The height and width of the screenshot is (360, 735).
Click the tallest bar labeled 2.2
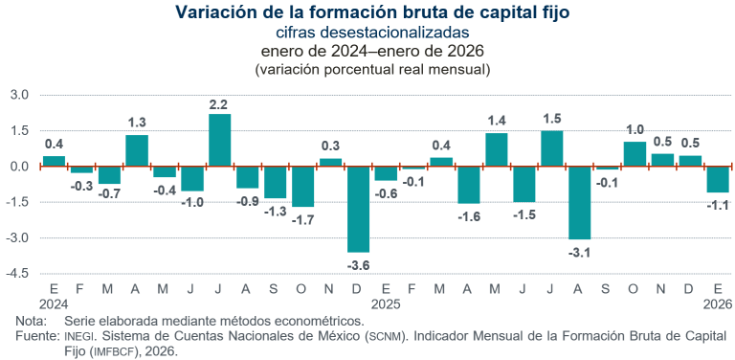point(220,140)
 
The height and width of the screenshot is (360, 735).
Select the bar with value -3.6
point(358,209)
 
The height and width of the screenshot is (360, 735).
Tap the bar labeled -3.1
point(579,202)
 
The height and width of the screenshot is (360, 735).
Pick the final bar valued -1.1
point(717,179)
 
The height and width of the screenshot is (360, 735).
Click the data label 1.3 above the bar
point(137,123)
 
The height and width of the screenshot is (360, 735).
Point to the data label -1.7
point(302,219)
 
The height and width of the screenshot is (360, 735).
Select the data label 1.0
point(635,129)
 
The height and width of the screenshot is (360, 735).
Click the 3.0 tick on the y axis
point(20,95)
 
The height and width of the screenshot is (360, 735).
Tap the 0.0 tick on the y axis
point(20,167)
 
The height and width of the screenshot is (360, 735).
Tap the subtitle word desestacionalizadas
point(401,33)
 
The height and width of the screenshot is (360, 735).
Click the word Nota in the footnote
point(32,321)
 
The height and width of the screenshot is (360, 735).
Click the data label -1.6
point(468,217)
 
